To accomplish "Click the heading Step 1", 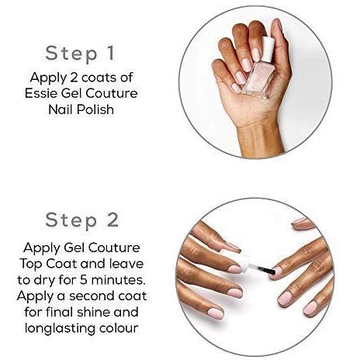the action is pyautogui.click(x=80, y=54).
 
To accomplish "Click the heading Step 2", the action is pyautogui.click(x=82, y=220).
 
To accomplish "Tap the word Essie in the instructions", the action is pyautogui.click(x=41, y=93).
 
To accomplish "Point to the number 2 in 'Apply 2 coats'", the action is pyautogui.click(x=74, y=78).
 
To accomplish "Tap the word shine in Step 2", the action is pyautogui.click(x=93, y=312).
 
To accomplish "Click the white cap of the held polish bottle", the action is pyautogui.click(x=267, y=49).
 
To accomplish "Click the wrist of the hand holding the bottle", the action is pyautogui.click(x=260, y=137).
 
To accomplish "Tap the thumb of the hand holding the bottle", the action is pyautogui.click(x=281, y=52).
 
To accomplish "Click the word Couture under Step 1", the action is pyautogui.click(x=112, y=93).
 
